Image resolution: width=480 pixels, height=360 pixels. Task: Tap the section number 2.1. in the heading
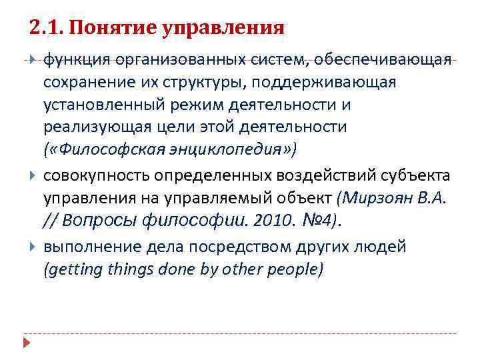(46, 28)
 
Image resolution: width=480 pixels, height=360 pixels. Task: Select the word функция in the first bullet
(74, 61)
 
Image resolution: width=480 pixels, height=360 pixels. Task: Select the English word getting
(70, 269)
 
